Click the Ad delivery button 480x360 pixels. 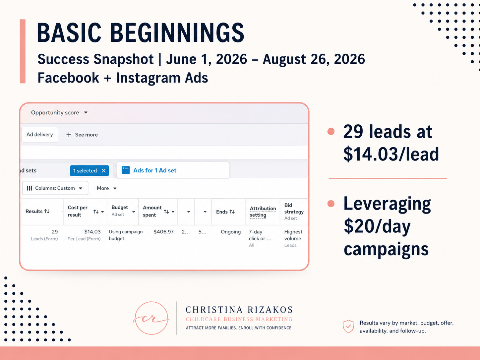(39, 135)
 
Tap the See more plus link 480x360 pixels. (82, 135)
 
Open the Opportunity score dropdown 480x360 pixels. (59, 113)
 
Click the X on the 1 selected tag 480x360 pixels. (104, 171)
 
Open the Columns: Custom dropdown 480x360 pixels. (55, 188)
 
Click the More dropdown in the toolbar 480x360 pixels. (106, 188)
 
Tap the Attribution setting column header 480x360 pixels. (263, 211)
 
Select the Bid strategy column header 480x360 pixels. (294, 211)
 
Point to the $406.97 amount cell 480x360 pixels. (163, 232)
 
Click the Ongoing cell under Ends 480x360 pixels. (231, 232)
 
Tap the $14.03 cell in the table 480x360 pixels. (92, 232)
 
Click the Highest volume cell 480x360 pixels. (293, 235)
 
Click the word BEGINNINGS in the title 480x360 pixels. (177, 33)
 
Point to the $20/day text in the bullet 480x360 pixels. (377, 227)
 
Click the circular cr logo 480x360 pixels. (151, 318)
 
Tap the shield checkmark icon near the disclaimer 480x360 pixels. (348, 326)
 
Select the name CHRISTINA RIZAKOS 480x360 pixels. (239, 310)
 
